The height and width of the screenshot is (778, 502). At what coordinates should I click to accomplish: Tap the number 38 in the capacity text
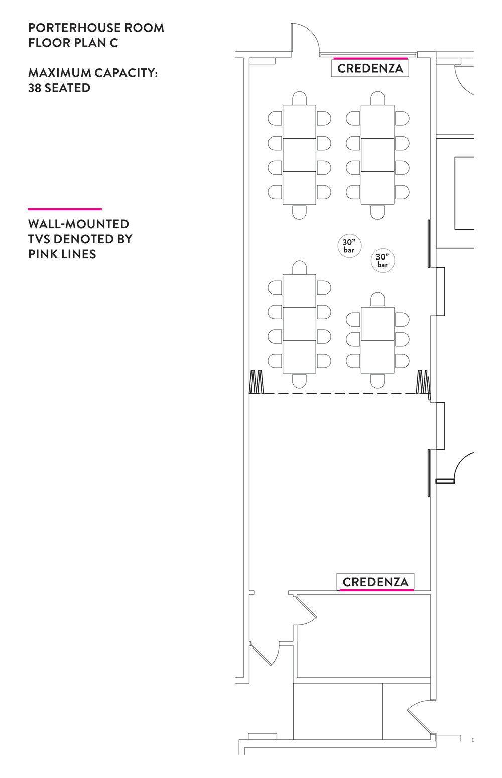[x=35, y=88]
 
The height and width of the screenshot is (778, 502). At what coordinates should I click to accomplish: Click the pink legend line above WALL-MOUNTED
[x=65, y=209]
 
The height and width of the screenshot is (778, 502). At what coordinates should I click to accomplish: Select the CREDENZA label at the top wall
[x=370, y=68]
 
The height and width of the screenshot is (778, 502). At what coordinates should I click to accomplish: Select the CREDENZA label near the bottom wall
[x=375, y=582]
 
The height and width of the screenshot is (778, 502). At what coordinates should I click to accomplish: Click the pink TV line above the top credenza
[x=370, y=59]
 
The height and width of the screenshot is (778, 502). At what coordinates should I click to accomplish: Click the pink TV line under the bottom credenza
[x=376, y=590]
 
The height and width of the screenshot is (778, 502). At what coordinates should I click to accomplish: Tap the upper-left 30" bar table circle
[x=349, y=246]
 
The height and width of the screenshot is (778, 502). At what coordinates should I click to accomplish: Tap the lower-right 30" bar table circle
[x=383, y=261]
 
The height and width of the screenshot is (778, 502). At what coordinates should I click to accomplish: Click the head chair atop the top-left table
[x=300, y=98]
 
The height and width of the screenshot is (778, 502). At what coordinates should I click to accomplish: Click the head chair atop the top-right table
[x=378, y=98]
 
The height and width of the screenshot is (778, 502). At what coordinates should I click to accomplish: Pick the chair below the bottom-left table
[x=300, y=380]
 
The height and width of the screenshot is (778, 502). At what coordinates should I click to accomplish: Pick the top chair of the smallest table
[x=378, y=300]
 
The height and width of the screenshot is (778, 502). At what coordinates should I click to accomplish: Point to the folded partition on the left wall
[x=257, y=382]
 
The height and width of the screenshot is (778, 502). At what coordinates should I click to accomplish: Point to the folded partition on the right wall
[x=424, y=382]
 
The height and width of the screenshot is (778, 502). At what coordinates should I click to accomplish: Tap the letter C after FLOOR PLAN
[x=114, y=43]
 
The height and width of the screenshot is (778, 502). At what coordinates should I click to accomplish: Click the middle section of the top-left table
[x=300, y=155]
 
